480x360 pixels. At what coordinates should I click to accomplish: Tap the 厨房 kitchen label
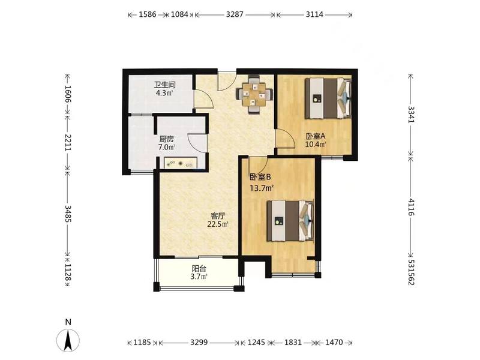(x=166, y=139)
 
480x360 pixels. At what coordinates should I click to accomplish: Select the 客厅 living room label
(x=218, y=216)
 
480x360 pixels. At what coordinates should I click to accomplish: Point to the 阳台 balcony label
(x=199, y=269)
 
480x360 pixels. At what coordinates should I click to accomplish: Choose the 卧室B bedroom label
(x=260, y=177)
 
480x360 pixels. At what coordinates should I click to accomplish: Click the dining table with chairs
(x=254, y=95)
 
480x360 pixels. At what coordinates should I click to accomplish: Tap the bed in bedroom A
(x=328, y=98)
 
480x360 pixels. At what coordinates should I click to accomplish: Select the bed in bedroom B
(x=291, y=221)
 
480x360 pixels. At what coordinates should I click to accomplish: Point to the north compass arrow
(x=68, y=340)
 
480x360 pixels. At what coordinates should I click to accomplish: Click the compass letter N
(x=68, y=322)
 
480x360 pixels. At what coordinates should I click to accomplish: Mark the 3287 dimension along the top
(x=235, y=14)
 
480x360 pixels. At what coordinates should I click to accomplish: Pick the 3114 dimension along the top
(x=314, y=14)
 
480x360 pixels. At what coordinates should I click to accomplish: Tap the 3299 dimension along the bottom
(x=199, y=342)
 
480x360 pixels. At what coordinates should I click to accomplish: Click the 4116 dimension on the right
(x=412, y=207)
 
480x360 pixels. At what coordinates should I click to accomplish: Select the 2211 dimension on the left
(x=68, y=142)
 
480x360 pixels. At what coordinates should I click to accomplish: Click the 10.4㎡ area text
(x=316, y=144)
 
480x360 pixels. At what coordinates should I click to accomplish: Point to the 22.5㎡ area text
(x=218, y=224)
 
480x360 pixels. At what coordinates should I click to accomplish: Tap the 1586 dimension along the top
(x=148, y=14)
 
